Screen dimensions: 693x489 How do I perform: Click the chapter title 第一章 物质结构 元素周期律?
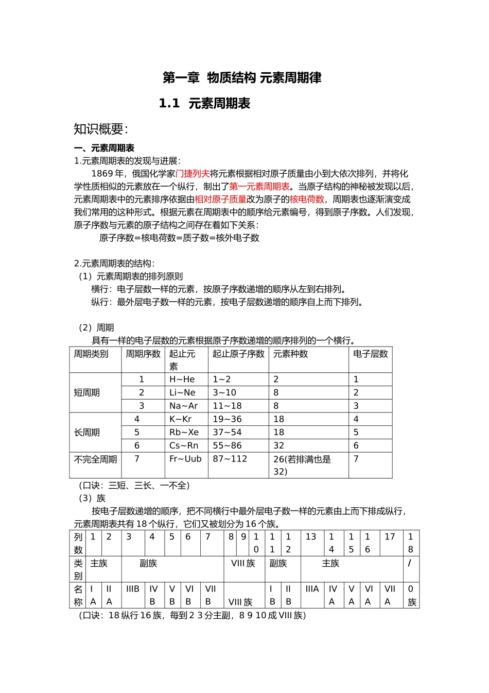click(x=242, y=78)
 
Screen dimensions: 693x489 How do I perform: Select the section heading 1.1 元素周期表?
click(x=204, y=104)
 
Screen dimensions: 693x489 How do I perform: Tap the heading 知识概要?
click(x=100, y=129)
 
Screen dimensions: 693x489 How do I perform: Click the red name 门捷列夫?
click(x=193, y=174)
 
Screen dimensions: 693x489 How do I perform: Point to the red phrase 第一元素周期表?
click(x=259, y=187)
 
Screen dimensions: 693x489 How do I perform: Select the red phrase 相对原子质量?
click(x=220, y=200)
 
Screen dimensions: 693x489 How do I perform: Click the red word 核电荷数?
click(x=307, y=200)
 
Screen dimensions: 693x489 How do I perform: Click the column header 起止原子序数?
click(x=238, y=354)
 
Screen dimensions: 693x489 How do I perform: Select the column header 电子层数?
click(x=370, y=354)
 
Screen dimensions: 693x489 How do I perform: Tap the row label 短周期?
click(x=86, y=393)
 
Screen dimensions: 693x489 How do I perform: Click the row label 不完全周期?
click(x=95, y=459)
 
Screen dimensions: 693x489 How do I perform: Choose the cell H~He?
click(x=182, y=379)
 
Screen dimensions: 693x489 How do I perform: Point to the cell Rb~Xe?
click(x=184, y=433)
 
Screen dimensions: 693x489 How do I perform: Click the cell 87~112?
click(x=230, y=459)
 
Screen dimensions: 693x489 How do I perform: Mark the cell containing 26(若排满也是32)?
click(x=302, y=465)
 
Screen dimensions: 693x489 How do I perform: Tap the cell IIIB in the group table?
click(x=133, y=589)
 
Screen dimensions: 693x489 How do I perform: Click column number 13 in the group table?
click(x=311, y=537)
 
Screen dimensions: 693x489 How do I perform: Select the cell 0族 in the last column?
click(x=411, y=596)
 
